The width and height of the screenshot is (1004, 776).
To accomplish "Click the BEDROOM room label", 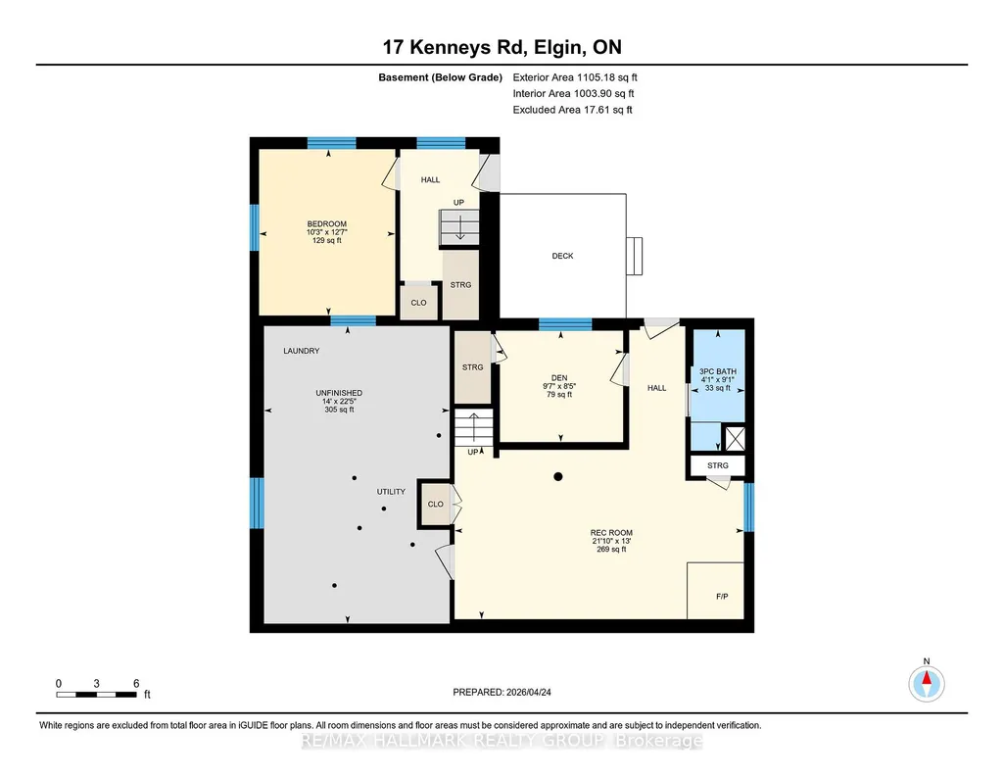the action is coord(326,224).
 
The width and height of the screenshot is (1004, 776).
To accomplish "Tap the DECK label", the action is coord(563,256).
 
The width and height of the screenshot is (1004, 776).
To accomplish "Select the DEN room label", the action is coord(559,378).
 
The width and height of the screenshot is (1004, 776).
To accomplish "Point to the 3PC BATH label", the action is coord(718,371).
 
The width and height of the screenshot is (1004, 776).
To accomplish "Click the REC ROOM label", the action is coord(611,533).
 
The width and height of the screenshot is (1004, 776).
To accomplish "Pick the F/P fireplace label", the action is coord(722,597).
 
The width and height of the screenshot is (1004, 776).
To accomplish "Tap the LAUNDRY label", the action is coord(302,351).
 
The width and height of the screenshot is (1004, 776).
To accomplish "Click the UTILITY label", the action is coord(391,492).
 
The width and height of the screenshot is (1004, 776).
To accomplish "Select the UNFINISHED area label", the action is coord(339,393).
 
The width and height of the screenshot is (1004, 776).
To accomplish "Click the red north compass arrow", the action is coord(927,677).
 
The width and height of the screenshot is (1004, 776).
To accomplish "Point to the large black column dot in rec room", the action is coord(558,476).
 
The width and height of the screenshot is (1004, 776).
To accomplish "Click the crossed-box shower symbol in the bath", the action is coord(734,439).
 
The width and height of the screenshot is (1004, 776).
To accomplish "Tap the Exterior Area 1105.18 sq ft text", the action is coord(575,77).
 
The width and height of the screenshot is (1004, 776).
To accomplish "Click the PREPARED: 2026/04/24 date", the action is coord(502,692).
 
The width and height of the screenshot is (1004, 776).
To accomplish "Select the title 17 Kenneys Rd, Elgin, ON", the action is coord(502,47).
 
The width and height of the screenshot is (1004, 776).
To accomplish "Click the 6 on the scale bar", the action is coord(136,684).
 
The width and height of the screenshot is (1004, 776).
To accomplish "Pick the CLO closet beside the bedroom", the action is coord(419,302).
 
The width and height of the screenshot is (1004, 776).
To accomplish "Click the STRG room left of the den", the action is coord(472,367).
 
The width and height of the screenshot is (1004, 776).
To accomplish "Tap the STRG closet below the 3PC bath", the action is coord(718,465).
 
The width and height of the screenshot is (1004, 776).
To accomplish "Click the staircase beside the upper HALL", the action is coord(459,227).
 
